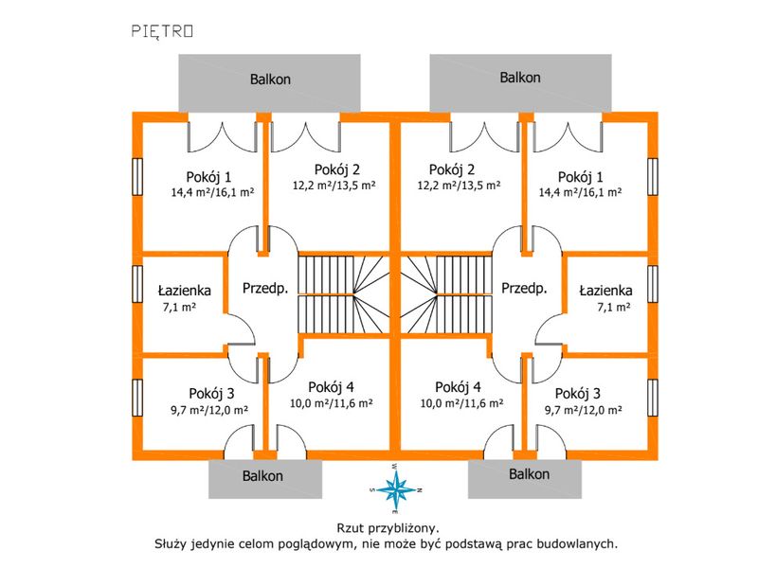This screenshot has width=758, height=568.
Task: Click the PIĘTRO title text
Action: pyautogui.click(x=162, y=31)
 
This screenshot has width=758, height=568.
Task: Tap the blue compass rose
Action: pyautogui.click(x=396, y=489)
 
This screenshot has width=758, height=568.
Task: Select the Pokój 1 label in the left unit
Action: pyautogui.click(x=208, y=177)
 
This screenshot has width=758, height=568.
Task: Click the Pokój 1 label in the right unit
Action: pyautogui.click(x=581, y=177)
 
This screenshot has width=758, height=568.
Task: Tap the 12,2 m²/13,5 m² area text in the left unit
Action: pyautogui.click(x=334, y=185)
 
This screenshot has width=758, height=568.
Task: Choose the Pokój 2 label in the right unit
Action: pyautogui.click(x=452, y=169)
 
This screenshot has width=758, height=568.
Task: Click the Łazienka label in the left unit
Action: pyautogui.click(x=185, y=291)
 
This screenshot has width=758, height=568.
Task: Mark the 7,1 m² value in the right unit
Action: pyautogui.click(x=614, y=307)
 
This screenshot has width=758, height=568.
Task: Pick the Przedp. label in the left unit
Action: pyautogui.click(x=265, y=289)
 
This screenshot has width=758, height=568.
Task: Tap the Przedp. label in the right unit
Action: pyautogui.click(x=524, y=289)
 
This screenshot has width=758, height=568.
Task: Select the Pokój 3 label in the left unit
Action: pyautogui.click(x=211, y=394)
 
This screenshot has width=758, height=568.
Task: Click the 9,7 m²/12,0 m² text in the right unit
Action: pyautogui.click(x=584, y=410)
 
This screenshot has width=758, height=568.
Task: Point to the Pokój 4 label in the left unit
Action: pyautogui.click(x=331, y=387)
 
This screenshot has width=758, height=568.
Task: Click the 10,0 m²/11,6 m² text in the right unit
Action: pyautogui.click(x=461, y=403)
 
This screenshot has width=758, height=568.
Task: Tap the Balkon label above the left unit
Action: pyautogui.click(x=270, y=80)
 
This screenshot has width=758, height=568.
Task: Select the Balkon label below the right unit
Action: pyautogui.click(x=530, y=474)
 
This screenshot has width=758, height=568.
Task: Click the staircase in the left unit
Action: pyautogui.click(x=344, y=294)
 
